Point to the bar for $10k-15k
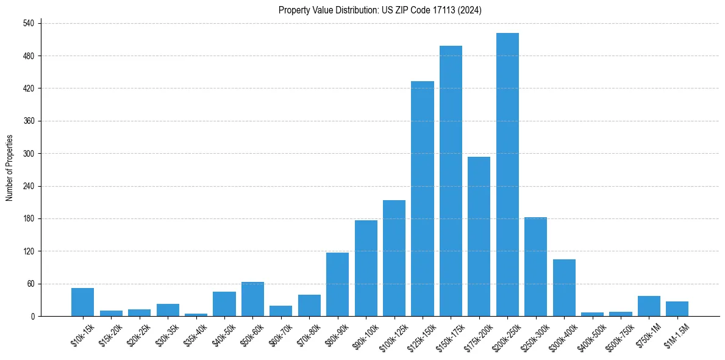pyautogui.click(x=82, y=302)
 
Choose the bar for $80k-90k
pyautogui.click(x=337, y=284)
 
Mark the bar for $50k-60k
pyautogui.click(x=252, y=299)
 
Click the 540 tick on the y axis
pyautogui.click(x=31, y=23)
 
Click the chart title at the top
pyautogui.click(x=380, y=10)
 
